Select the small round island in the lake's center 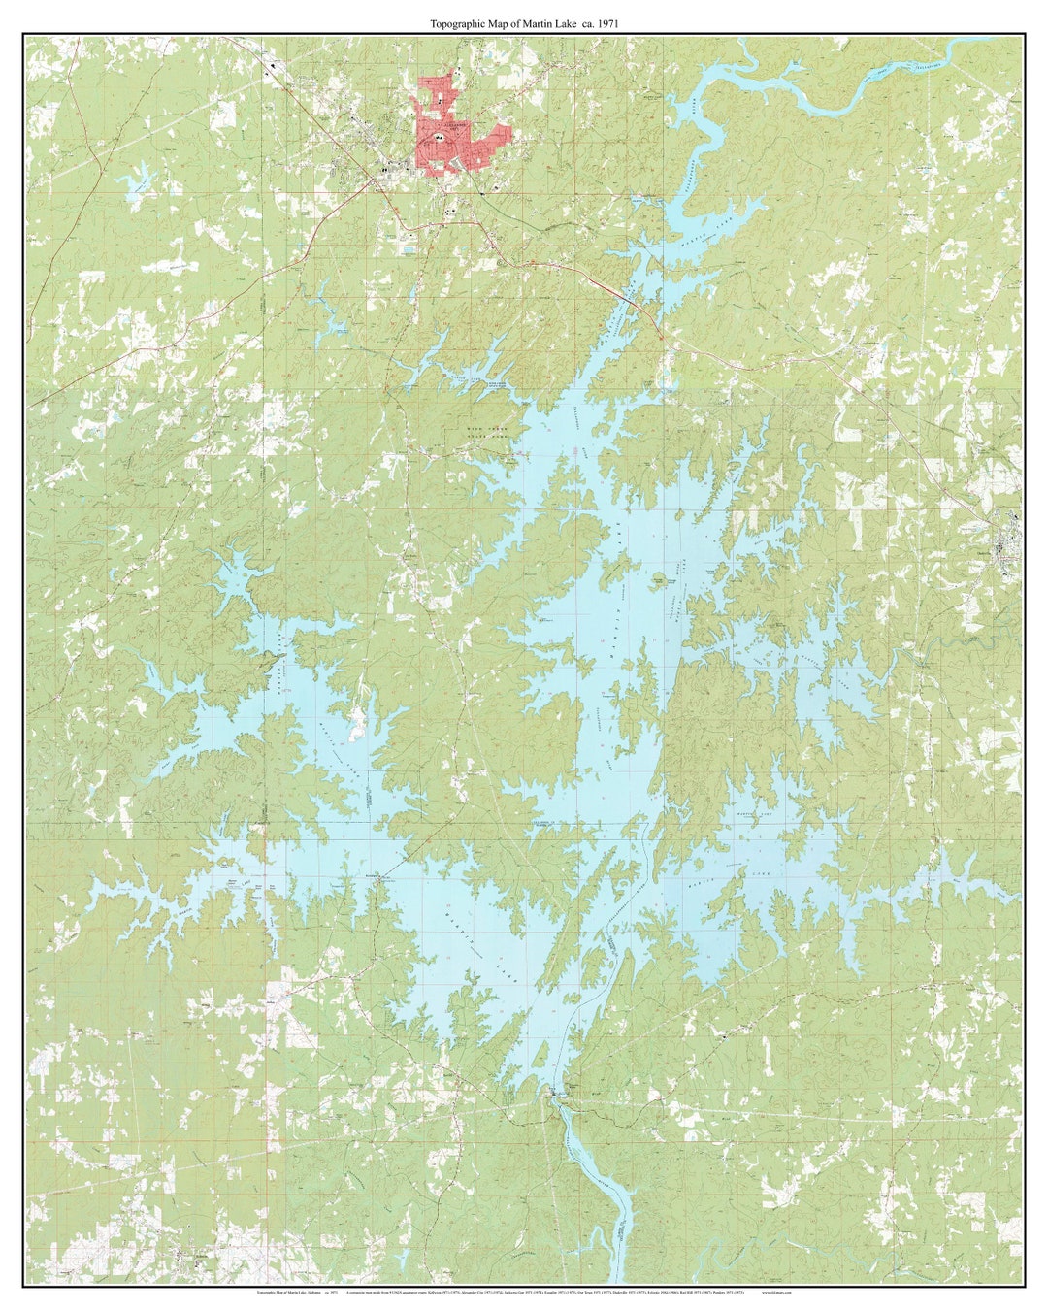[x=659, y=579]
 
